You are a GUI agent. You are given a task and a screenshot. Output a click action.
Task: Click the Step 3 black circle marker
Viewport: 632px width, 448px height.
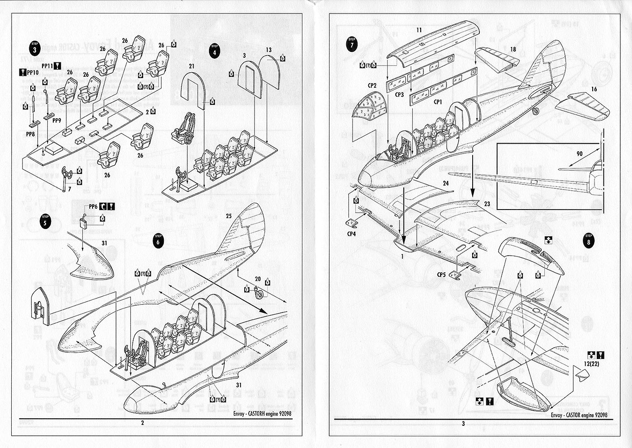35,48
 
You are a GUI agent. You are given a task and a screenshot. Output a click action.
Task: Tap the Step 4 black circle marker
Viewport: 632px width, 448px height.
214,50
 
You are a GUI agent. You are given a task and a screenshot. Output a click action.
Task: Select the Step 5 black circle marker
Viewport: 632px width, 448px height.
45,221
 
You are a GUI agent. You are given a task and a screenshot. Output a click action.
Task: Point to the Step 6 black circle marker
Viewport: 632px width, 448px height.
158,240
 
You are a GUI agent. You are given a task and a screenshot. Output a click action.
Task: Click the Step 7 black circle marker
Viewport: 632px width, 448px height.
351,44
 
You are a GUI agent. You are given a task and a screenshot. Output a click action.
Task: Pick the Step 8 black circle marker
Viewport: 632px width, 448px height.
588,240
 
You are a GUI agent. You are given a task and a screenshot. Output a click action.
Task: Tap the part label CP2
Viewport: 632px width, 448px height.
372,85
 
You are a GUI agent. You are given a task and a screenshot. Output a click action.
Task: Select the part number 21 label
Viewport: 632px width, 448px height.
192,66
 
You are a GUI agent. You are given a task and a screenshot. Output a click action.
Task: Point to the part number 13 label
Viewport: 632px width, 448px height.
269,50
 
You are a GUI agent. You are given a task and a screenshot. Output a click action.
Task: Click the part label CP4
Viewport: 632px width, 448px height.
352,234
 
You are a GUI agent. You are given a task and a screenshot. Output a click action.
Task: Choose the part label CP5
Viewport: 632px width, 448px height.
442,275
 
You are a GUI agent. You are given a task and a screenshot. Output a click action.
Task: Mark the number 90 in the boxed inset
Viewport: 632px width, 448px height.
579,154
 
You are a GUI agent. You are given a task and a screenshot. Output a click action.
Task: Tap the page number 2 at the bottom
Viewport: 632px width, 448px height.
143,423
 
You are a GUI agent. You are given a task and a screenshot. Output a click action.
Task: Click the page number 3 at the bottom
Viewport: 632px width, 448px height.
463,423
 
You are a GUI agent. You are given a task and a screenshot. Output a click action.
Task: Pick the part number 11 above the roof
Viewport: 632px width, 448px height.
419,30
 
